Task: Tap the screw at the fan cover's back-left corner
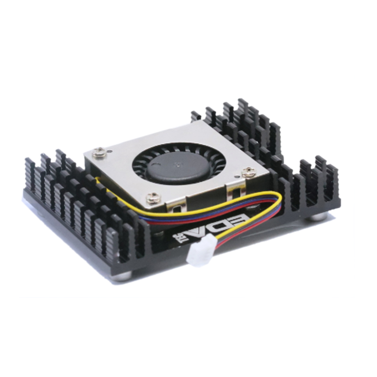tap(99, 151)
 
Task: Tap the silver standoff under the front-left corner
tap(123, 276)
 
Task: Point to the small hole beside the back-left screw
tap(109, 152)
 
